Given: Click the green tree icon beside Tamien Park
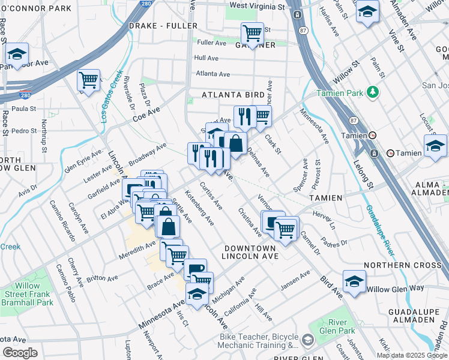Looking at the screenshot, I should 373,92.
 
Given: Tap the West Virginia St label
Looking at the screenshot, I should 257,6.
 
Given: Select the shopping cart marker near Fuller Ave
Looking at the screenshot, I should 252,33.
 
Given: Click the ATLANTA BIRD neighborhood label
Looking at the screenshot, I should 233,95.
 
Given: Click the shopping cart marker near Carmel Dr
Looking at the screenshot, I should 286,228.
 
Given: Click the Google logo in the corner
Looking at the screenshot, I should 20,353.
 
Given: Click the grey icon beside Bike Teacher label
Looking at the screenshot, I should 307,341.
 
